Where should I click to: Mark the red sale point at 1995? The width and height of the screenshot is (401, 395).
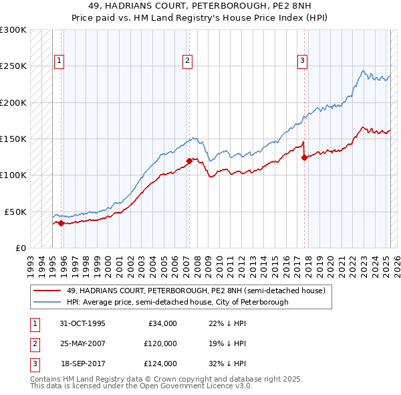click(61, 223)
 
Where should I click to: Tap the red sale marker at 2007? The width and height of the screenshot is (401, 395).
click(189, 161)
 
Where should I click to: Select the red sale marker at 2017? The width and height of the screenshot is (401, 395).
click(304, 158)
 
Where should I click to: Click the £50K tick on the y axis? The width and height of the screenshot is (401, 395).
click(15, 212)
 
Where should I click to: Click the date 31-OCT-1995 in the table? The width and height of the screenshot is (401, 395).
click(82, 323)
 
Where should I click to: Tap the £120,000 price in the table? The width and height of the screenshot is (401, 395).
click(161, 343)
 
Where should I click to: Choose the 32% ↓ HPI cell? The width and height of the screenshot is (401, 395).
click(227, 364)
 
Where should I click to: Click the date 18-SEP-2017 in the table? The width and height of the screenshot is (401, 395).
click(82, 364)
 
